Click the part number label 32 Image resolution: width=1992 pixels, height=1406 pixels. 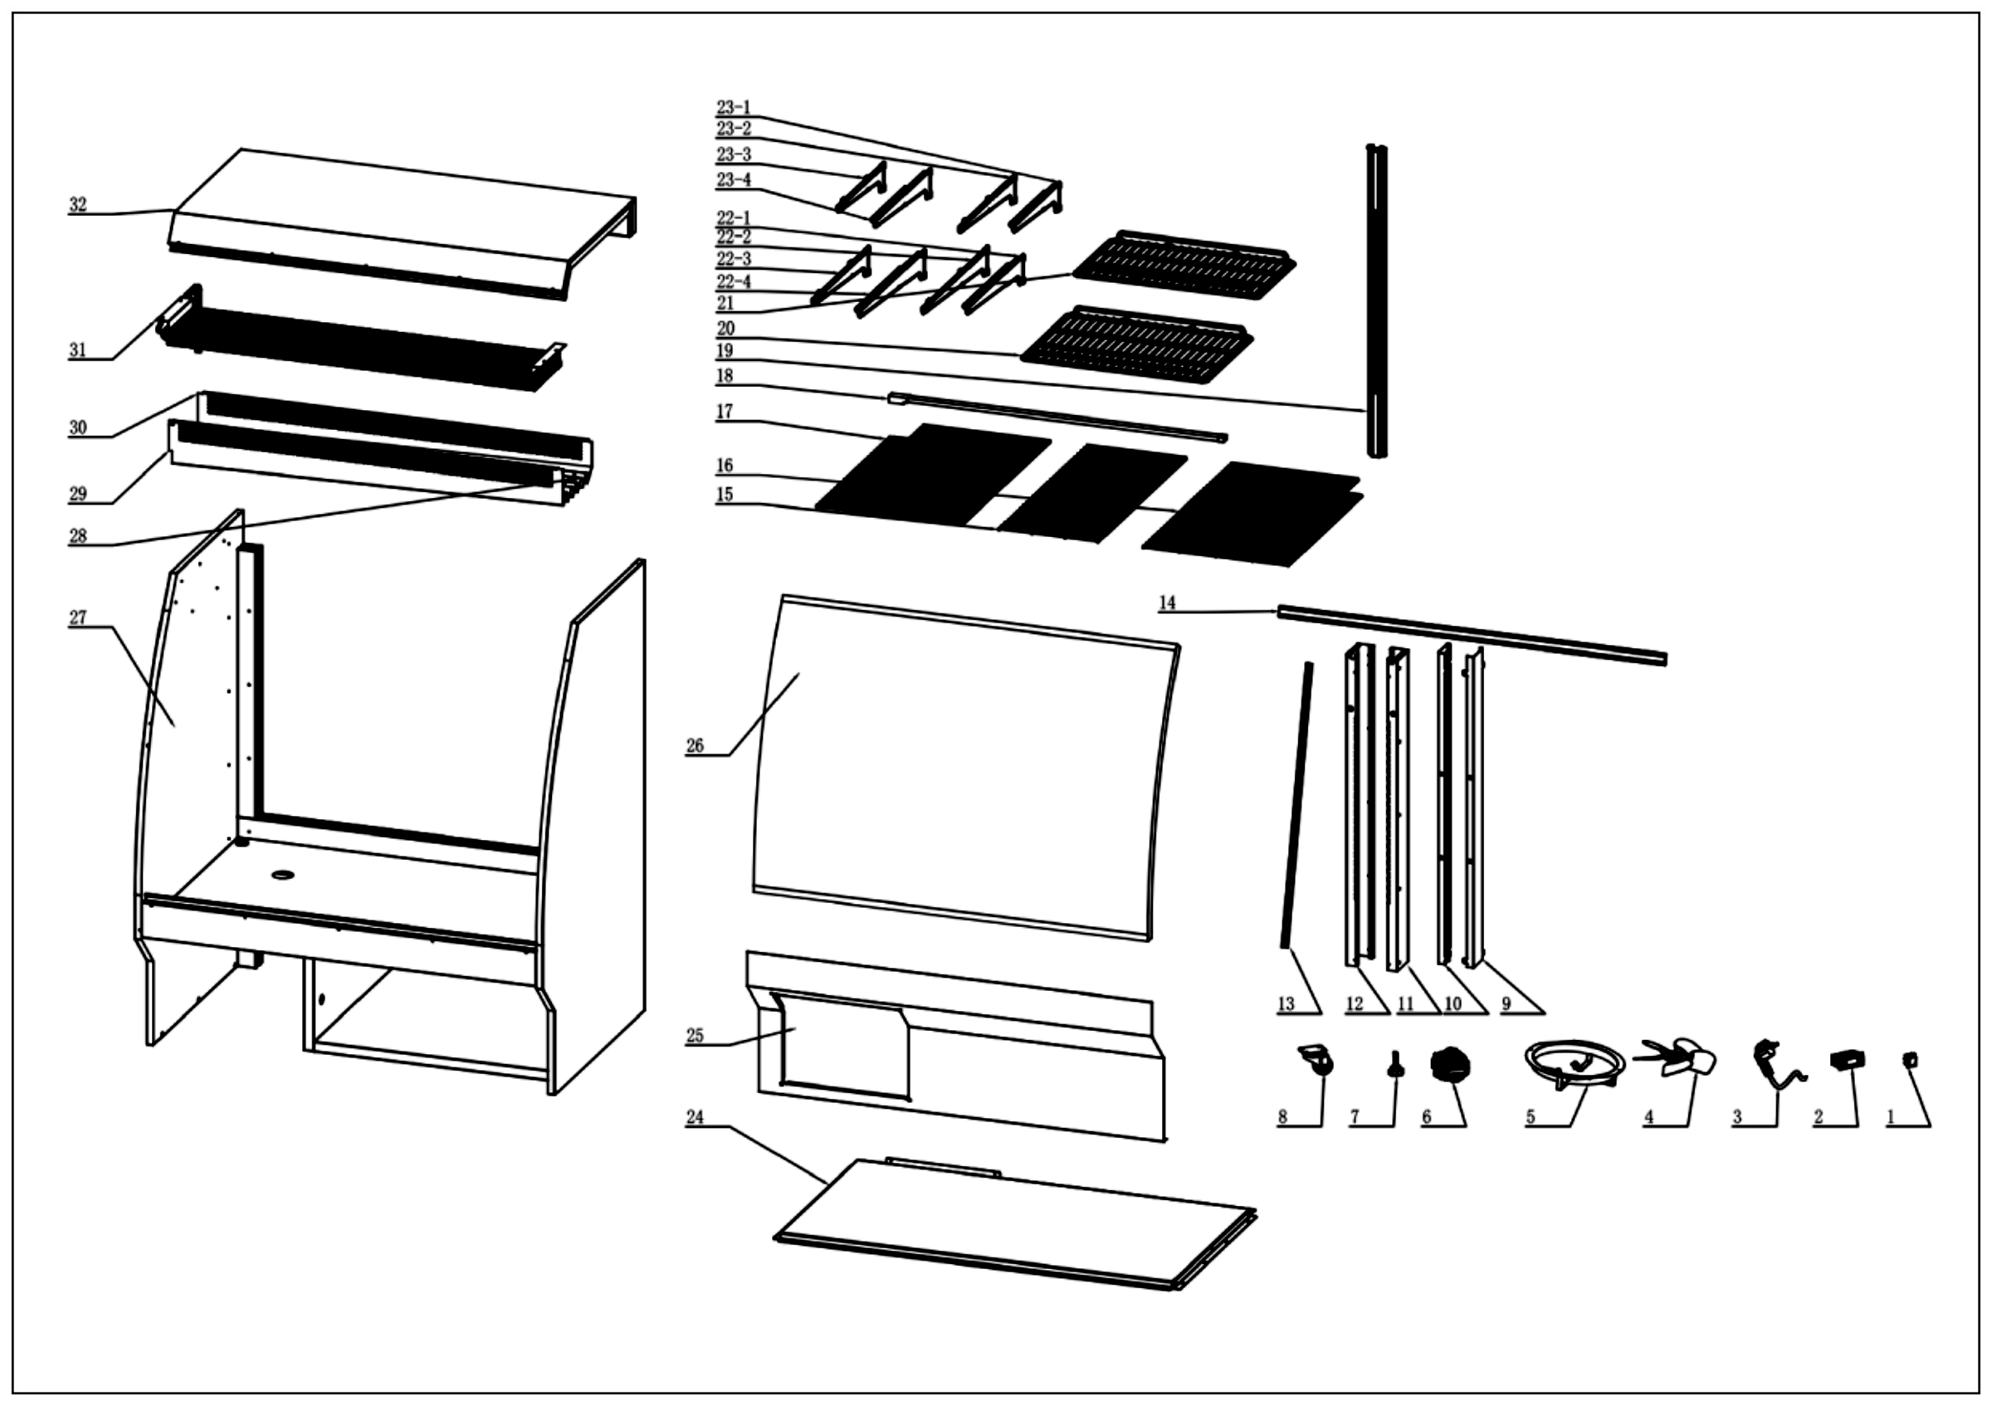pyautogui.click(x=78, y=206)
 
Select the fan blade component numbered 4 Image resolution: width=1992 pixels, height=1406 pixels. pyautogui.click(x=1678, y=1059)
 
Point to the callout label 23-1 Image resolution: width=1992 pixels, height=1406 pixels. pyautogui.click(x=733, y=108)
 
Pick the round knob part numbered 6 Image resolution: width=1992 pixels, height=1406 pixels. pyautogui.click(x=1447, y=1064)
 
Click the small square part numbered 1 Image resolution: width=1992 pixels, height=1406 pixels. pyautogui.click(x=1910, y=1060)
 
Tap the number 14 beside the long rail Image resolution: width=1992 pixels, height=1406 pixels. pyautogui.click(x=1167, y=603)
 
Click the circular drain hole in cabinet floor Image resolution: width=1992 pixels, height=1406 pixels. pyautogui.click(x=283, y=874)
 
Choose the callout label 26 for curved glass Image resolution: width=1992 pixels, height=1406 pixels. pyautogui.click(x=695, y=746)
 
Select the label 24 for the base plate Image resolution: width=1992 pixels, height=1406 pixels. pyautogui.click(x=695, y=1118)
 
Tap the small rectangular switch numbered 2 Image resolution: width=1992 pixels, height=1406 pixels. pyautogui.click(x=1847, y=1059)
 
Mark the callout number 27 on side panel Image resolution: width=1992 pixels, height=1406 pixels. pyautogui.click(x=78, y=618)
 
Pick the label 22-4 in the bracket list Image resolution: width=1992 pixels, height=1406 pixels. pyautogui.click(x=733, y=282)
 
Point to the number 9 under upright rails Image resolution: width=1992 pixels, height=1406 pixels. pyautogui.click(x=1506, y=1004)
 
